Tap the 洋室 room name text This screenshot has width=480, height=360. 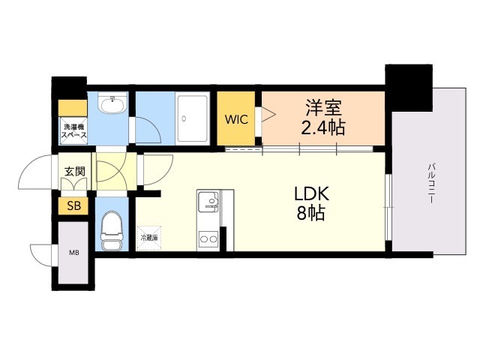323,107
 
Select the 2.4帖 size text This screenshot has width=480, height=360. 323,127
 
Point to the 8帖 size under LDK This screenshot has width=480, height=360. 309,213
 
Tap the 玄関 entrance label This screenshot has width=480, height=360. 74,171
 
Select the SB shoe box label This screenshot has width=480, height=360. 74,205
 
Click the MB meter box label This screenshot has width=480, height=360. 74,252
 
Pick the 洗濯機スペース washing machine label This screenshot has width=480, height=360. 73,130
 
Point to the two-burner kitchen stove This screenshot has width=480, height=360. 208,240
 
